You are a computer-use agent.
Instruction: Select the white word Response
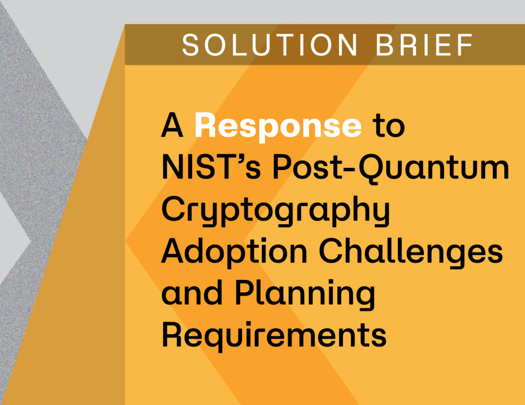pyautogui.click(x=278, y=125)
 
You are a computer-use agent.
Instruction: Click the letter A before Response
pyautogui.click(x=173, y=126)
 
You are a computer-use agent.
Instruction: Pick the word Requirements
pyautogui.click(x=274, y=336)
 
